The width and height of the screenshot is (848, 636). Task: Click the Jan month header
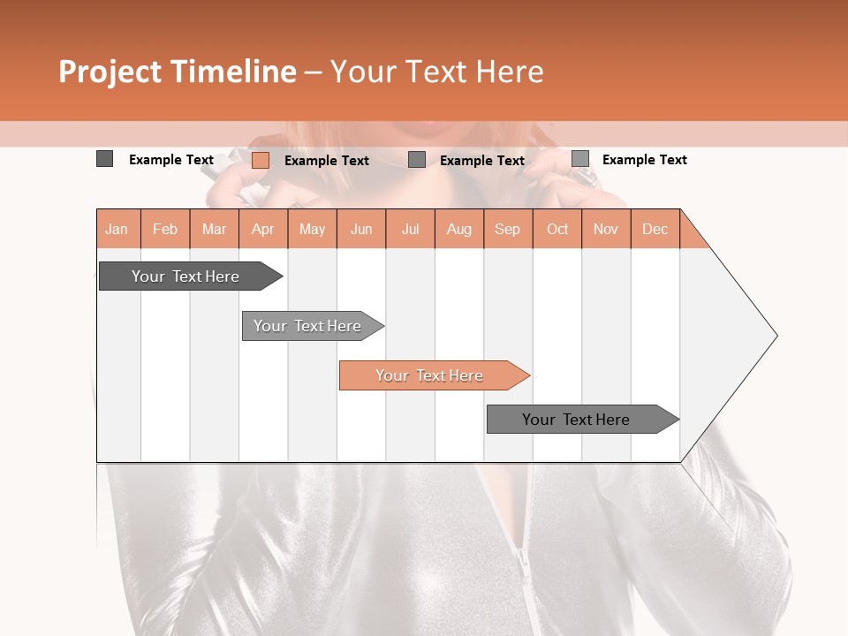click(117, 230)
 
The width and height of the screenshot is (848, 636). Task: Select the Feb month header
click(165, 230)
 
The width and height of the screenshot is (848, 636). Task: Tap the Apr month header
click(262, 230)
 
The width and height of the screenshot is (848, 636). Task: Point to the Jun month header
click(361, 230)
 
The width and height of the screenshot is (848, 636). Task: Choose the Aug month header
click(458, 230)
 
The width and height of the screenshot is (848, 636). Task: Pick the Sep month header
click(507, 230)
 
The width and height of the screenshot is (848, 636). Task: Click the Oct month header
click(557, 230)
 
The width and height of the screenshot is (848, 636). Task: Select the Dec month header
click(655, 230)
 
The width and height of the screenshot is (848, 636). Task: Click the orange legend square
click(260, 160)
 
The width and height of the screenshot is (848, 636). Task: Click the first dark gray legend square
click(104, 159)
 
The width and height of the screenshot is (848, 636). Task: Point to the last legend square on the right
click(579, 159)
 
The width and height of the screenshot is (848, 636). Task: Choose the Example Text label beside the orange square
click(326, 161)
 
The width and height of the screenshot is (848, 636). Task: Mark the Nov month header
click(605, 230)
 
